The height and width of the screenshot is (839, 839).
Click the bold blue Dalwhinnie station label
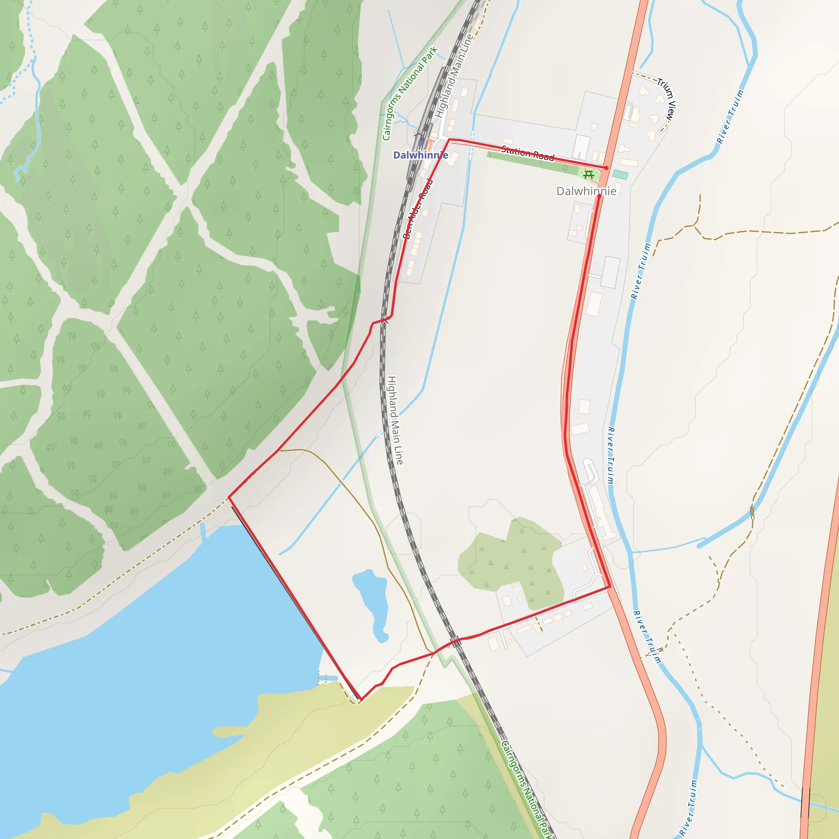click(x=420, y=155)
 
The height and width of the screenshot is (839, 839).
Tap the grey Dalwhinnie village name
click(x=586, y=191)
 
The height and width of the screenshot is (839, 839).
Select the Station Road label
click(x=528, y=153)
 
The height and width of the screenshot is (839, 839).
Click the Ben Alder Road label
click(x=418, y=209)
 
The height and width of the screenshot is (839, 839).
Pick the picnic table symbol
click(x=589, y=175)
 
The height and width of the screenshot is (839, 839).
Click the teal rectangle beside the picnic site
click(x=620, y=175)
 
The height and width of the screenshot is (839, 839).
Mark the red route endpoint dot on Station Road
click(x=606, y=168)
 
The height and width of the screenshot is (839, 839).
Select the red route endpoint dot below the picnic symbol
click(x=599, y=196)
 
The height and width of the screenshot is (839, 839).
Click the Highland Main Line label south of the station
click(x=395, y=420)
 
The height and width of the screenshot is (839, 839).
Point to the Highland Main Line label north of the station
click(x=454, y=76)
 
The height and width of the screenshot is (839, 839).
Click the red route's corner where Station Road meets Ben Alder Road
click(x=449, y=139)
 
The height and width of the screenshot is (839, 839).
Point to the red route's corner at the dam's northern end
click(x=229, y=497)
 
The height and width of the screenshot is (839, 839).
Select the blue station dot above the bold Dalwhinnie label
click(x=420, y=143)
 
